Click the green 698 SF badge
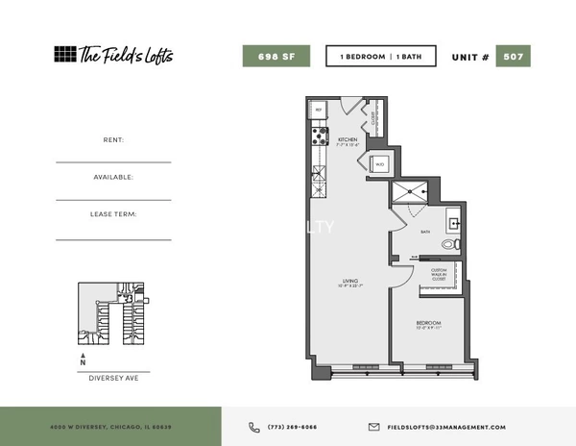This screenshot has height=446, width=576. click(x=276, y=56)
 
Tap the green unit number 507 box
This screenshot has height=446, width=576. click(x=513, y=56)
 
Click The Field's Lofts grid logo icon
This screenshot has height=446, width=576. click(x=64, y=54)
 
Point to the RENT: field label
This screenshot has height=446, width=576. click(x=113, y=139)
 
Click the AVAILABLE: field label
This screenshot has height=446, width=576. click(x=113, y=177)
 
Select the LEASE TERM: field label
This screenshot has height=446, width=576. click(x=113, y=214)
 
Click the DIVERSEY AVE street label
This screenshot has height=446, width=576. click(x=113, y=379)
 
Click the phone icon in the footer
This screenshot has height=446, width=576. click(x=254, y=427)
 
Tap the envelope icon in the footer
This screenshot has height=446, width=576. click(x=374, y=427)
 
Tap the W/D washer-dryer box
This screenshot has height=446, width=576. click(x=379, y=163)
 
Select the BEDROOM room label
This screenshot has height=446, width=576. click(x=428, y=322)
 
